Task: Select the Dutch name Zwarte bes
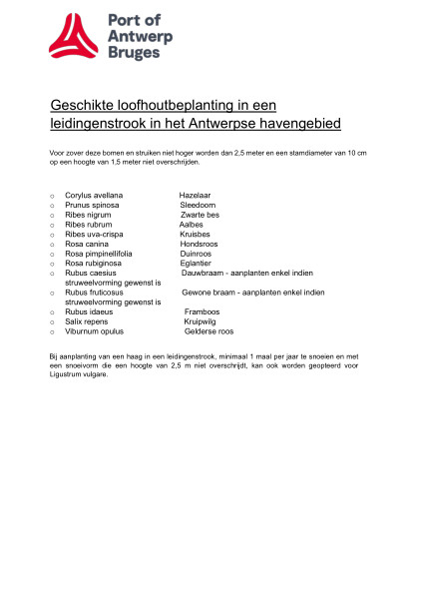point(200,215)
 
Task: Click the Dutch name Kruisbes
point(196,234)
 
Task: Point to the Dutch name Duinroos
point(196,254)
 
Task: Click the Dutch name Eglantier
point(197,263)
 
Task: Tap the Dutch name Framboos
point(202,311)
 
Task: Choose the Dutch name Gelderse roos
point(209,330)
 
